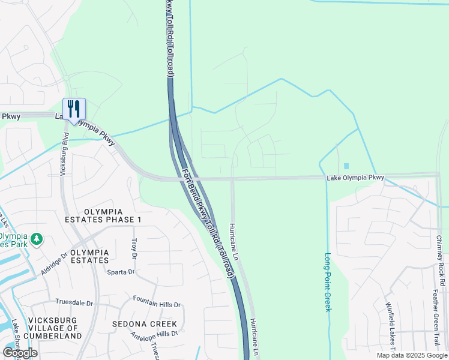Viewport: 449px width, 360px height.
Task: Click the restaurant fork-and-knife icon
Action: click(74, 109)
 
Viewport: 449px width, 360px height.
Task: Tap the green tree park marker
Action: click(37, 239)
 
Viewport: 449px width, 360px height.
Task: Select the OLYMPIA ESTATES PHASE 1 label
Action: click(113, 216)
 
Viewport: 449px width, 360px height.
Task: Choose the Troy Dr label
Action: click(134, 244)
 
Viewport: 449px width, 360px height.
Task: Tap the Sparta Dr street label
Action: click(121, 272)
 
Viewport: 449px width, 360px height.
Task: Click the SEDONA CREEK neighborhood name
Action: click(144, 324)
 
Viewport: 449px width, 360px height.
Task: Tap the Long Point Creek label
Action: click(328, 281)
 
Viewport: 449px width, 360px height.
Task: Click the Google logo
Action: click(20, 353)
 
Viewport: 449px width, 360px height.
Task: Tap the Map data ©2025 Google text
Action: click(411, 355)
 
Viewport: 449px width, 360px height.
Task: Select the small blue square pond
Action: click(346, 166)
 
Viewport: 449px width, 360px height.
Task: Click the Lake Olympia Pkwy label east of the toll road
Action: click(355, 178)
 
